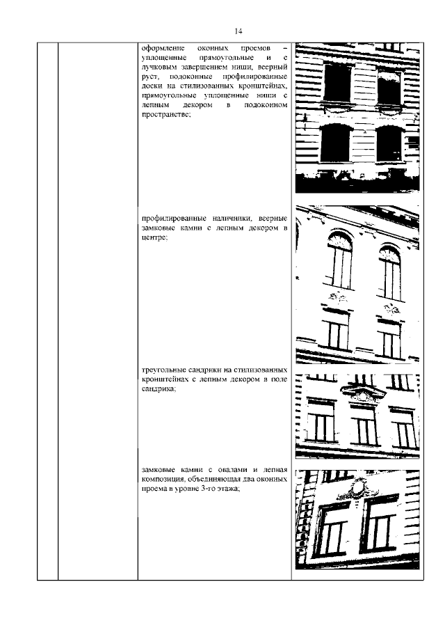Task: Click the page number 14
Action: [x=238, y=31]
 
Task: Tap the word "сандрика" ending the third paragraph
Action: [x=159, y=389]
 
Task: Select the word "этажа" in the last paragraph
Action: [x=229, y=489]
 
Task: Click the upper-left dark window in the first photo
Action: [x=337, y=82]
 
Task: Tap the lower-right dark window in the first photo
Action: [x=389, y=144]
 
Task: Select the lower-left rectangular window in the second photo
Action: [x=337, y=331]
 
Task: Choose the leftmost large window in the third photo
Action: [x=321, y=421]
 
